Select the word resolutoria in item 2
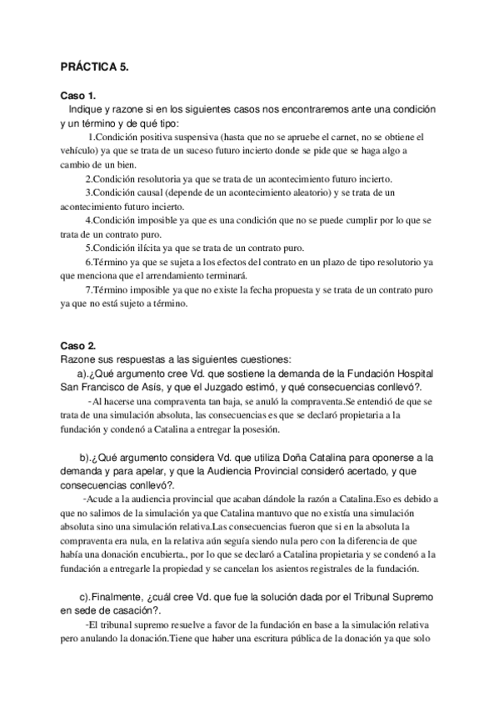click(x=157, y=179)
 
